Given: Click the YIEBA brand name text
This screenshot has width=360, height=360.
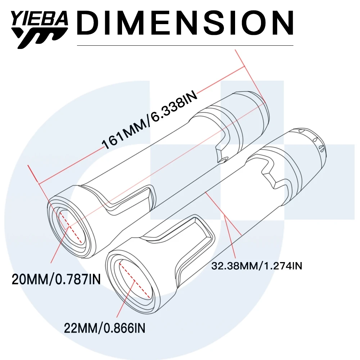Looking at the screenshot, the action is pyautogui.click(x=40, y=19).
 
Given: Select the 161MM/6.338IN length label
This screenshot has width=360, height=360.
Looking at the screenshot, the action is pyautogui.click(x=149, y=120).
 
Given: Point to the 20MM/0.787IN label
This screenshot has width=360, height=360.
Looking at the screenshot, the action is pyautogui.click(x=56, y=279).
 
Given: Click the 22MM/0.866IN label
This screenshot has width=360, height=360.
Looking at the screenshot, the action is pyautogui.click(x=105, y=328).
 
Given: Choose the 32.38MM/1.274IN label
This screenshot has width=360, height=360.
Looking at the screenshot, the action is pyautogui.click(x=257, y=266).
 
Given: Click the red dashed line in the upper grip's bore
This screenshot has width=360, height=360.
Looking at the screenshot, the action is pyautogui.click(x=71, y=227).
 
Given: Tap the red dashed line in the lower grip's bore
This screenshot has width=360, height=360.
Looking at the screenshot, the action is pyautogui.click(x=135, y=281).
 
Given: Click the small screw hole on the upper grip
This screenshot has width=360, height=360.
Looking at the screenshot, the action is pyautogui.click(x=223, y=159).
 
